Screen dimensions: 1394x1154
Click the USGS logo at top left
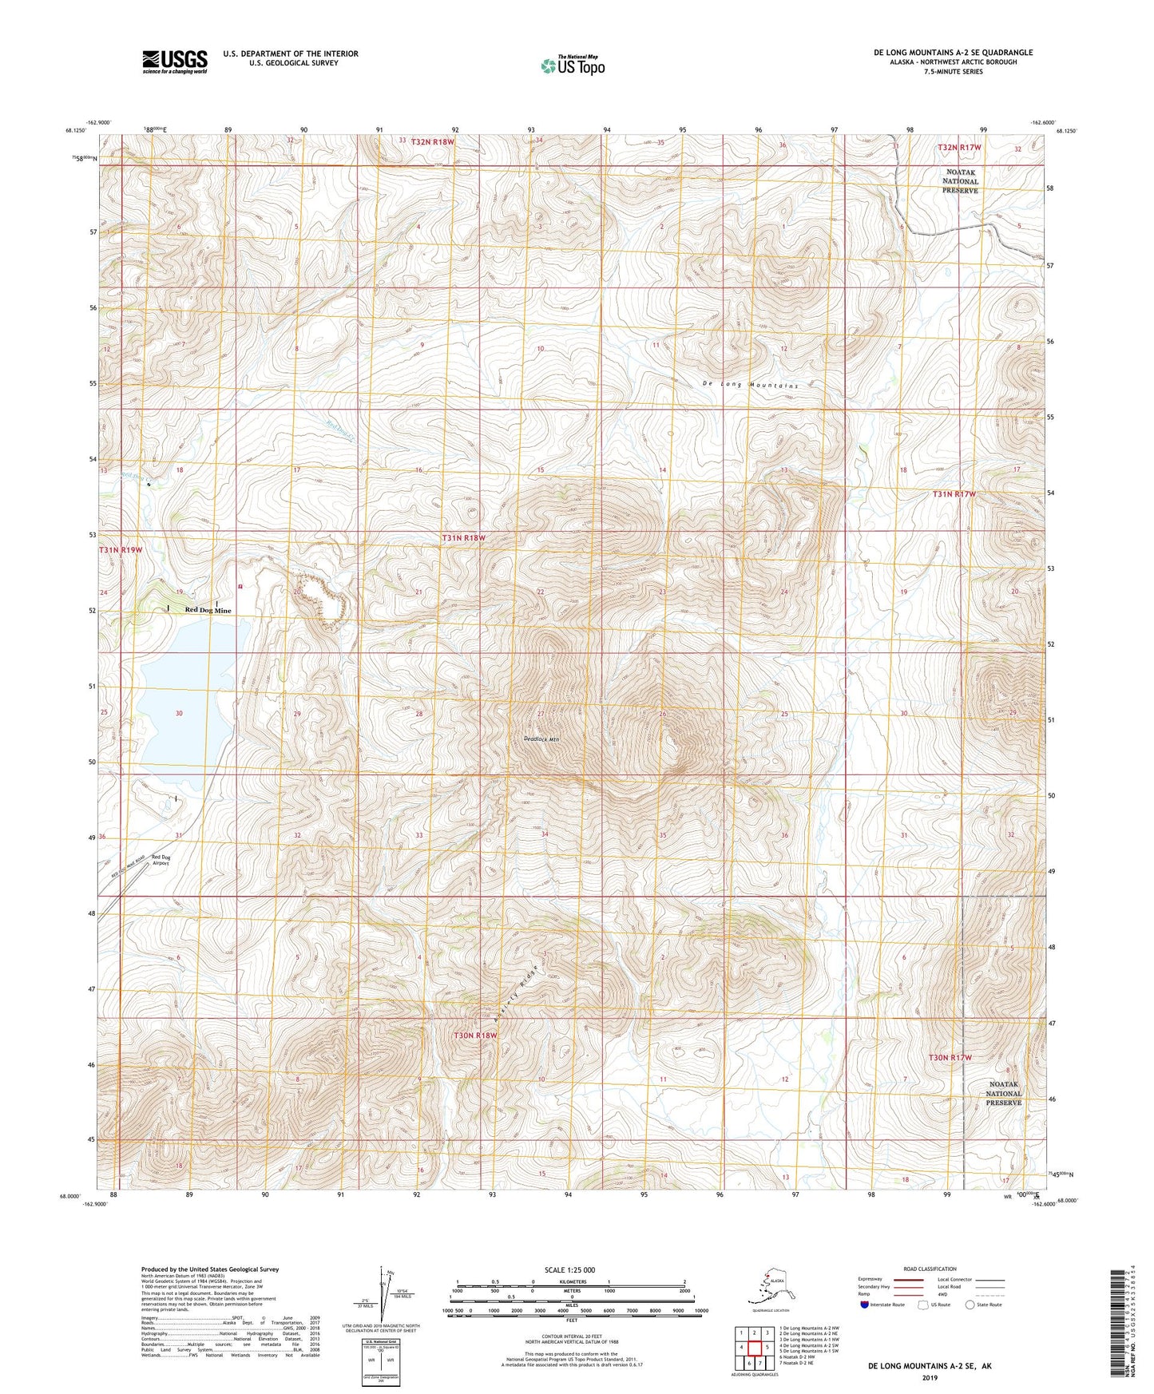pyautogui.click(x=174, y=61)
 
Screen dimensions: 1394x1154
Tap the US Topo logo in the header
pyautogui.click(x=572, y=65)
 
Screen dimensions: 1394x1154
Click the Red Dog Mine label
pyautogui.click(x=208, y=610)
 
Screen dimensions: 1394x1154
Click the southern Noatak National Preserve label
pyautogui.click(x=1003, y=1093)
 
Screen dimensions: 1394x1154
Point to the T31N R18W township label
pyautogui.click(x=463, y=538)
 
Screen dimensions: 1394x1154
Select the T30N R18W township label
pyautogui.click(x=475, y=1035)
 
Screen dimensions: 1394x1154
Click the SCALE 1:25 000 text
pyautogui.click(x=569, y=1269)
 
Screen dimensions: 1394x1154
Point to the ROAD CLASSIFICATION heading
pyautogui.click(x=930, y=1269)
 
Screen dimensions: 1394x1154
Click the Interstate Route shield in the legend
pyautogui.click(x=866, y=1305)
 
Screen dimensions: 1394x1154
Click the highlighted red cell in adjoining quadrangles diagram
pyautogui.click(x=754, y=1348)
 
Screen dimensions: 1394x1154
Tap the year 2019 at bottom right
pyautogui.click(x=930, y=1377)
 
